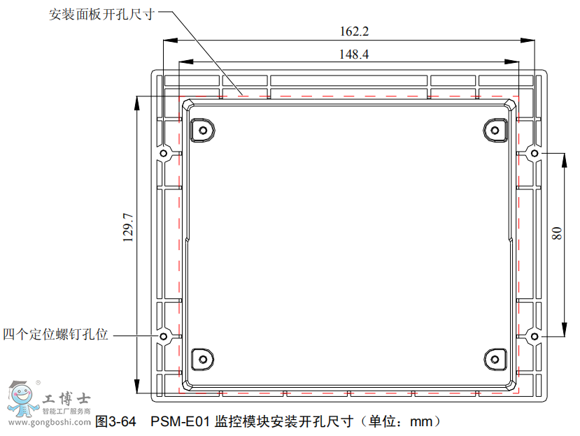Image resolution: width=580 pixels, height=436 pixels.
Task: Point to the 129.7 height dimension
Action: [127, 228]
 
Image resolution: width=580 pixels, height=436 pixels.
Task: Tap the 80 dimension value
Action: [556, 233]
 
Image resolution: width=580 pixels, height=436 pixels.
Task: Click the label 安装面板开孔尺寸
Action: [101, 14]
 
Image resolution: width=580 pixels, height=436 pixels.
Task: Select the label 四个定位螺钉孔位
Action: [56, 335]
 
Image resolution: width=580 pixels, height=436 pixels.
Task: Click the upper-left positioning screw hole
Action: [164, 153]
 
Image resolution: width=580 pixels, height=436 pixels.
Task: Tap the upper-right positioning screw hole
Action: [534, 153]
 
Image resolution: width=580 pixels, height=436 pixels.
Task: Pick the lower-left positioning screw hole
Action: [164, 336]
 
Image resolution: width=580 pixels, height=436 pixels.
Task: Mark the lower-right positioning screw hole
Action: [534, 336]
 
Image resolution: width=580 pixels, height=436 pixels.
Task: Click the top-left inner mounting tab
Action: [202, 129]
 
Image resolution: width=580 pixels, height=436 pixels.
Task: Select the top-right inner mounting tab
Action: [495, 129]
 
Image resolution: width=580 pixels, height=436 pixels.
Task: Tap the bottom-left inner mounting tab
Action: [202, 359]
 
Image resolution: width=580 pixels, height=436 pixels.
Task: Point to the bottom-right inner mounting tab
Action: [495, 359]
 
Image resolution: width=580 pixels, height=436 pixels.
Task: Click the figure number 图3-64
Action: [115, 421]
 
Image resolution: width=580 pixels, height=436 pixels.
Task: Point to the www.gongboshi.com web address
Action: [48, 423]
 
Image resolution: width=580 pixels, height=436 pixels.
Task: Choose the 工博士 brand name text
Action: [66, 400]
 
